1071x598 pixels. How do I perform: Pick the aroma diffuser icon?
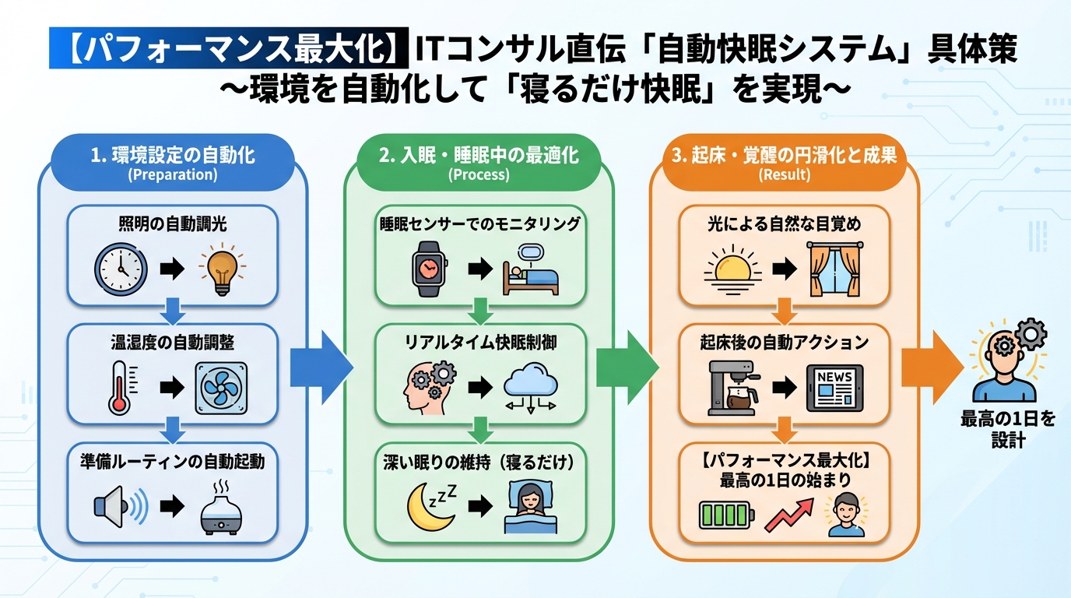tap(221, 508)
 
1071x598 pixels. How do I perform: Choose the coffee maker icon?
tap(734, 388)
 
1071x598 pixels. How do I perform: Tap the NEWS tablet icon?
tap(834, 387)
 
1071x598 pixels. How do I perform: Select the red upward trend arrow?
tap(788, 515)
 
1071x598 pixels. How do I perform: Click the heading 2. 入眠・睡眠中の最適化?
tap(479, 155)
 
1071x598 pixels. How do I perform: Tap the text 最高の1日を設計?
tap(1008, 430)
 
